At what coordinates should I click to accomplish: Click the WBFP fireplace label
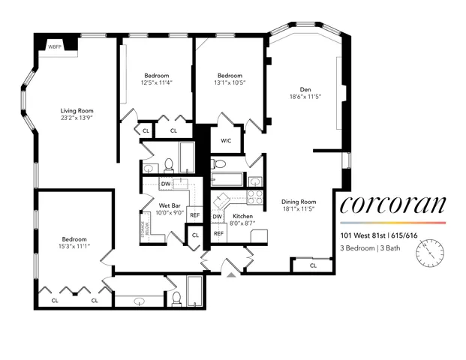pyautogui.click(x=55, y=46)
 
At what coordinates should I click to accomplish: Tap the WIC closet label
pyautogui.click(x=226, y=140)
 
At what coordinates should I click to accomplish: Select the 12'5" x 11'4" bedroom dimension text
pyautogui.click(x=157, y=82)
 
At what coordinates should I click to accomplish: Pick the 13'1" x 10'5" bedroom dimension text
pyautogui.click(x=230, y=82)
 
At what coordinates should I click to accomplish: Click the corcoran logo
pyautogui.click(x=392, y=205)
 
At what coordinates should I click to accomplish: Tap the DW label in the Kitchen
pyautogui.click(x=217, y=217)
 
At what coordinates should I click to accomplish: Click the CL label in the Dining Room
pyautogui.click(x=313, y=265)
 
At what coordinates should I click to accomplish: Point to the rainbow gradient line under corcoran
pyautogui.click(x=392, y=223)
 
